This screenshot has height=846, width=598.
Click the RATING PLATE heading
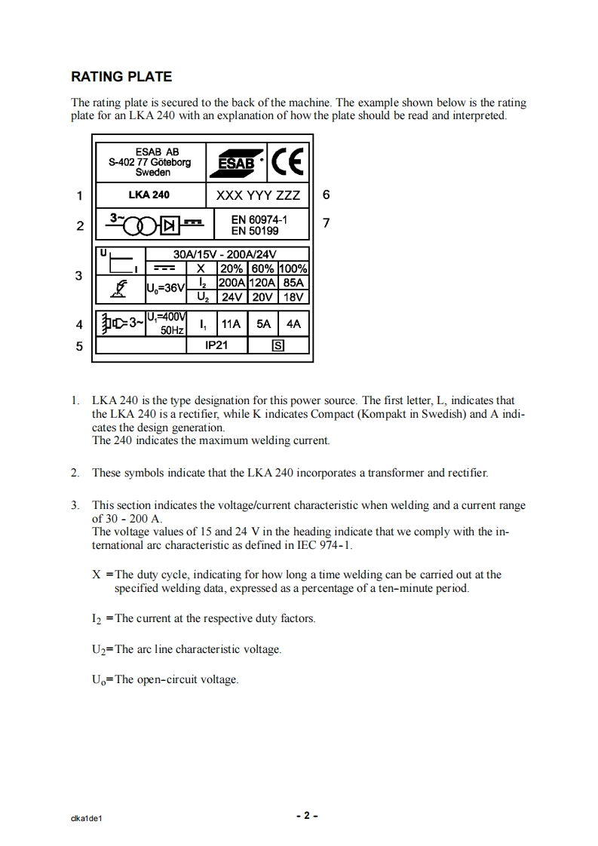121,77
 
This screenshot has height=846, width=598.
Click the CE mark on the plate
287,161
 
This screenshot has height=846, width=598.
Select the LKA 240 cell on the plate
149,195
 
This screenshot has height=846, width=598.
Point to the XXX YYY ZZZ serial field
258,195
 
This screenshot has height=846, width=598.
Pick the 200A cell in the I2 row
232,283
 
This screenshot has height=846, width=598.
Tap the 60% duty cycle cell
262,268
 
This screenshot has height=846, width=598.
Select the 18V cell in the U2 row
293,297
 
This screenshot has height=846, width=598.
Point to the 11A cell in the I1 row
231,324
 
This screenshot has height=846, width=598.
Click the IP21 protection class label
216,345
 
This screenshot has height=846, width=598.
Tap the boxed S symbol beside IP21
278,346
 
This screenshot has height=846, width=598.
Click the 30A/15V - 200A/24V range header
225,254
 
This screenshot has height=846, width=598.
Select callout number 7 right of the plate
326,223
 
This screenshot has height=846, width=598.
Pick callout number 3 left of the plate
79,276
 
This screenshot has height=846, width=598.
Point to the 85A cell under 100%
293,283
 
